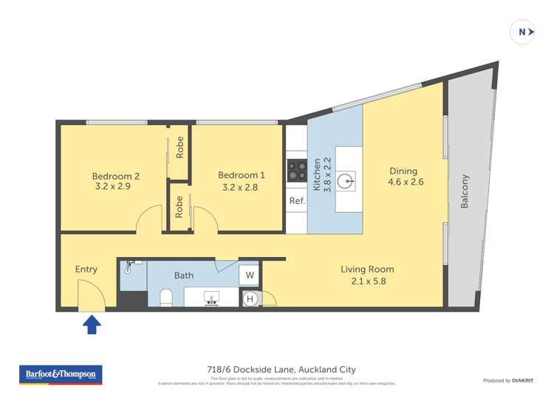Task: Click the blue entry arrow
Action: pyautogui.click(x=92, y=324)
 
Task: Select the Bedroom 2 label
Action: pyautogui.click(x=115, y=176)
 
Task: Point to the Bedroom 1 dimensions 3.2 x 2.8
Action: pyautogui.click(x=241, y=188)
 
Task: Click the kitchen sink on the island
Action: pyautogui.click(x=346, y=179)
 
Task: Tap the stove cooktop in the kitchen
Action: pyautogui.click(x=297, y=171)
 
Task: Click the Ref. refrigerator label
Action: pyautogui.click(x=297, y=201)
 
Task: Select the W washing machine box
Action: pyautogui.click(x=249, y=275)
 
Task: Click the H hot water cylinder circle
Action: pyautogui.click(x=250, y=298)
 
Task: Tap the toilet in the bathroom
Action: pyautogui.click(x=166, y=298)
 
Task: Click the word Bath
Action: pyautogui.click(x=184, y=275)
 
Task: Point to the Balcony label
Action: pyautogui.click(x=465, y=191)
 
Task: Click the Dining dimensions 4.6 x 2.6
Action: pyautogui.click(x=403, y=182)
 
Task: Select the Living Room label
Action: pyautogui.click(x=367, y=269)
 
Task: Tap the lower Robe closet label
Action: pyautogui.click(x=179, y=206)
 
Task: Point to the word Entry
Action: pyautogui.click(x=86, y=269)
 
